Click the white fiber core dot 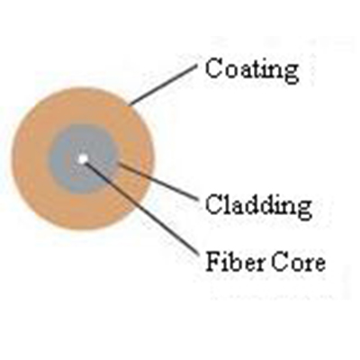[x=82, y=158]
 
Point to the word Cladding [x=258, y=205]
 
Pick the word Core [x=298, y=263]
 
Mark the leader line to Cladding [x=157, y=181]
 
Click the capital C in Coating [x=214, y=67]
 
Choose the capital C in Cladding [x=214, y=204]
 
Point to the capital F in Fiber [x=213, y=262]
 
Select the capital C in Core [x=280, y=263]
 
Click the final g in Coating [x=290, y=73]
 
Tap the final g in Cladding [x=303, y=210]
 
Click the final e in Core [x=319, y=265]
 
